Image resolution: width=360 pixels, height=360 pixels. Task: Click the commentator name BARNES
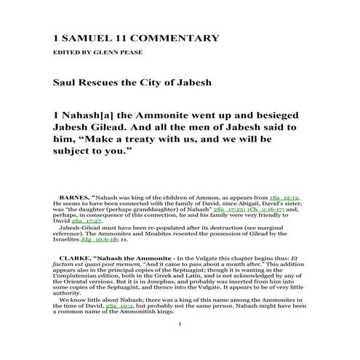point(74,196)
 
